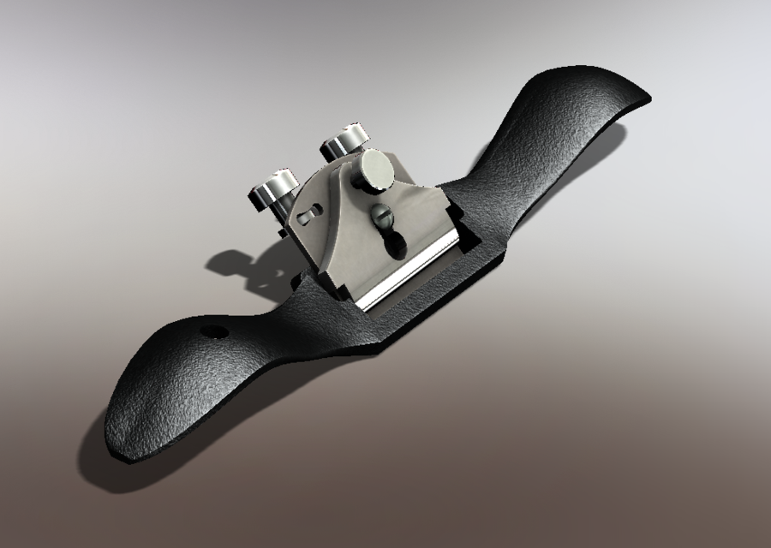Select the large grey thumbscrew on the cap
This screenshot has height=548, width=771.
[x=376, y=168]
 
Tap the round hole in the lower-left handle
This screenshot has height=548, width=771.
[x=213, y=331]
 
